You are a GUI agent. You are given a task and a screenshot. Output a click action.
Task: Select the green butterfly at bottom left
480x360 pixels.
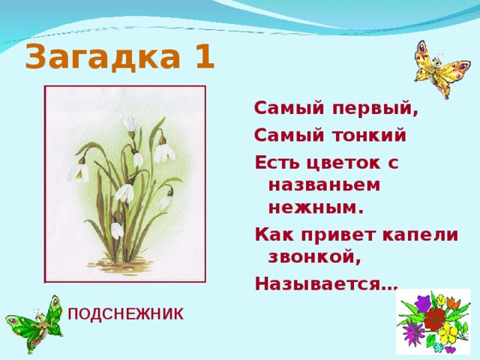coord(34,323)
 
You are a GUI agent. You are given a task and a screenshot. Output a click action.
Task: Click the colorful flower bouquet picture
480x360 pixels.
coord(433,322)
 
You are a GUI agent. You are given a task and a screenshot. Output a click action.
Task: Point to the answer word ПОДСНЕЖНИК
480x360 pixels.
coord(125,314)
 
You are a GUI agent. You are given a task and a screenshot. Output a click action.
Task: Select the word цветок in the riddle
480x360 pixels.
coord(337,163)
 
